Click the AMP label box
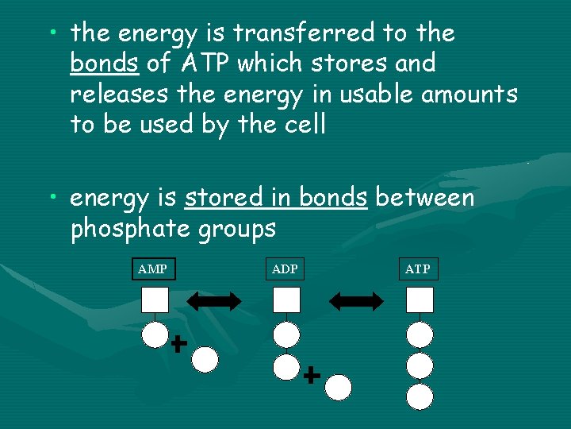152,269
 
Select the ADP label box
285,269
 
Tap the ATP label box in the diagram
418,269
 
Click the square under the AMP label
155,300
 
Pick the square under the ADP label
286,300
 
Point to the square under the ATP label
420,300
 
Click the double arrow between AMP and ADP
214,300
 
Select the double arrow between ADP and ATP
355,300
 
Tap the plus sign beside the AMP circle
178,343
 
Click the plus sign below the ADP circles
312,374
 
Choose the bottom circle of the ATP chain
420,396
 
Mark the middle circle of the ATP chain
420,365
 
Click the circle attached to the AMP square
155,334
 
